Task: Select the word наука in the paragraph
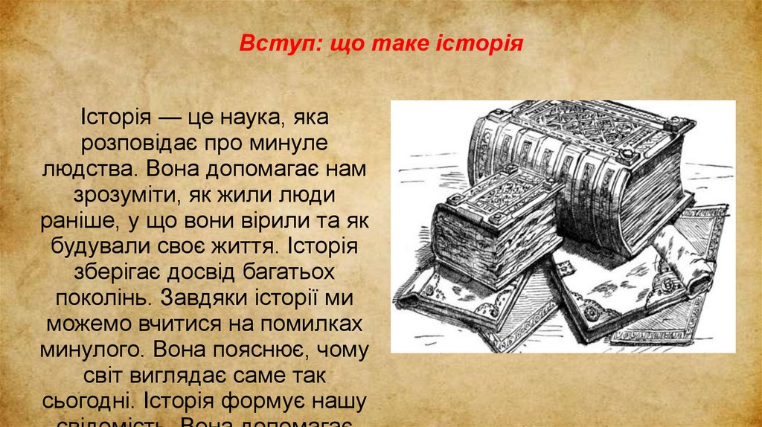(239, 118)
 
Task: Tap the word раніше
(78, 222)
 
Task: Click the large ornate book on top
(588, 164)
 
